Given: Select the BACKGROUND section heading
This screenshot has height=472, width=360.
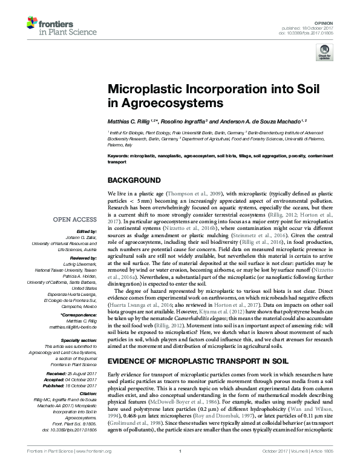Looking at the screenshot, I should [134, 181].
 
